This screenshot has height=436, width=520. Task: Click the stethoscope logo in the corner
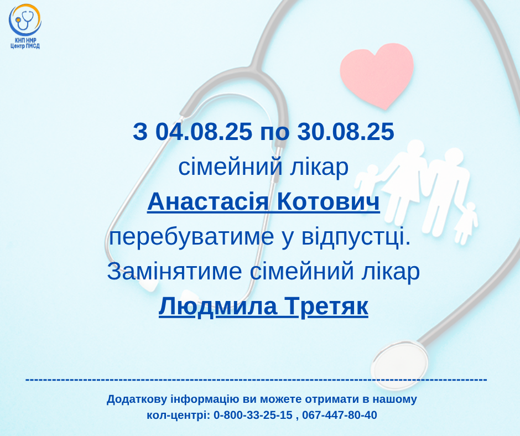coord(24,20)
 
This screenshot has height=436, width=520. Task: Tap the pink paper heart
coord(377,75)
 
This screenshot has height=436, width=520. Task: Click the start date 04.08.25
coord(204,131)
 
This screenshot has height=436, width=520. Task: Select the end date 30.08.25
coord(346,131)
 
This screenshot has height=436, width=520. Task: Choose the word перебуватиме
coord(191,237)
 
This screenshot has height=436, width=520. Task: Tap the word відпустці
coord(356,237)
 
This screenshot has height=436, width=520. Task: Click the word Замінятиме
coord(174,271)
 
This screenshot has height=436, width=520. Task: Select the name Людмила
coord(218,307)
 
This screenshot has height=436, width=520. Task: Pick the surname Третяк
coord(326,306)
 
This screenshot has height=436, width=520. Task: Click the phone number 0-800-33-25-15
coord(253,415)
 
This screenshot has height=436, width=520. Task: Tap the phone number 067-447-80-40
coord(340,415)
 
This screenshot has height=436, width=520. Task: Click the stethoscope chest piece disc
coord(399,365)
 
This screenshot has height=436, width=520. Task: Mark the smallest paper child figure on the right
coord(466,223)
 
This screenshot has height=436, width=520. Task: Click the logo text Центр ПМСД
coord(25,46)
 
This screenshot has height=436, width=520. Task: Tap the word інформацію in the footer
coord(205,399)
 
